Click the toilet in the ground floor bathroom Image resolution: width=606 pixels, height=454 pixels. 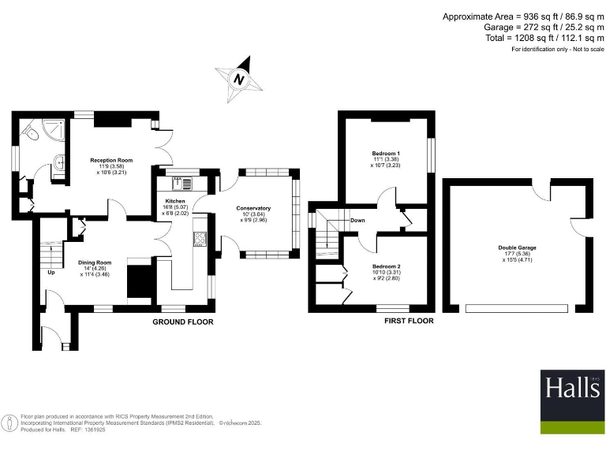pyautogui.click(x=31, y=135)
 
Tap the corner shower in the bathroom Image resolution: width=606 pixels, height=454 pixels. pyautogui.click(x=53, y=128)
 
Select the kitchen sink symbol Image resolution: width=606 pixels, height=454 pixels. pyautogui.click(x=180, y=183)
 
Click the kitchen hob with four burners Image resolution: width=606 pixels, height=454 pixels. pyautogui.click(x=200, y=240)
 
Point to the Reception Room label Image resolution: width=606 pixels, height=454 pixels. pyautogui.click(x=111, y=160)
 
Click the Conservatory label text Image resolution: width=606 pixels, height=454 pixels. pyautogui.click(x=253, y=208)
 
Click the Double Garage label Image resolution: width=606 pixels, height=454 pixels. pyautogui.click(x=517, y=247)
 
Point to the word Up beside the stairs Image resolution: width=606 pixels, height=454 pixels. pyautogui.click(x=51, y=273)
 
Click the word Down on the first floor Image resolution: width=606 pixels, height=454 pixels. pyautogui.click(x=357, y=221)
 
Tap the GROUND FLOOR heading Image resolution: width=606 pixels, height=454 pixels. pyautogui.click(x=183, y=322)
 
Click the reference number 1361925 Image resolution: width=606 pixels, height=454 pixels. pyautogui.click(x=88, y=430)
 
